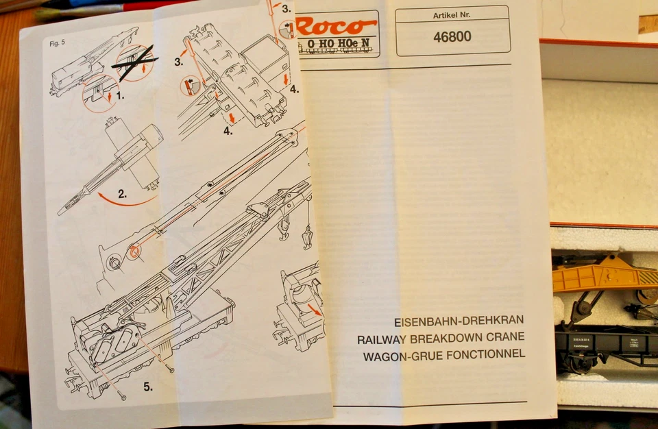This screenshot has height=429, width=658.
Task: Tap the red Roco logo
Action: pyautogui.click(x=337, y=27)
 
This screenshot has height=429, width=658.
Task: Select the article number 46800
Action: pyautogui.click(x=452, y=36)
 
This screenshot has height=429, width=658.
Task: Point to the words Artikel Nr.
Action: pyautogui.click(x=452, y=15)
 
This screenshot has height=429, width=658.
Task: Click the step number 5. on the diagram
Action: pyautogui.click(x=148, y=387)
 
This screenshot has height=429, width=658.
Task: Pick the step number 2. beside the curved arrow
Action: pyautogui.click(x=121, y=194)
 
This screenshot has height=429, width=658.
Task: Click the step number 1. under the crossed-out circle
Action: pyautogui.click(x=120, y=96)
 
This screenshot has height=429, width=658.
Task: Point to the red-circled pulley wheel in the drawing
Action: pyautogui.click(x=135, y=252)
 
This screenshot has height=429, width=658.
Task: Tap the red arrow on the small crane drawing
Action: pyautogui.click(x=315, y=310)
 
